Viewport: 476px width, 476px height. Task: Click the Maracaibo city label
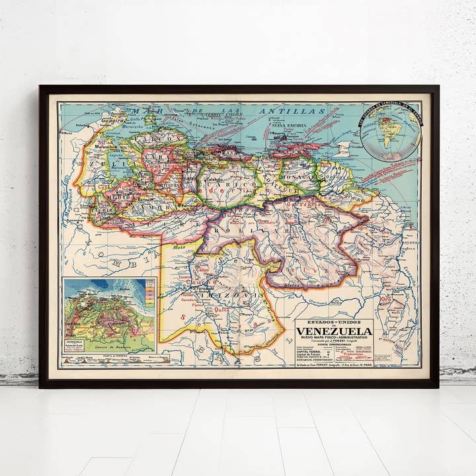pyautogui.click(x=105, y=146)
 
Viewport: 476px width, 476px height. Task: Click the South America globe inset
pyautogui.click(x=389, y=131)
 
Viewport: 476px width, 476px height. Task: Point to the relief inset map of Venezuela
pyautogui.click(x=109, y=315)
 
